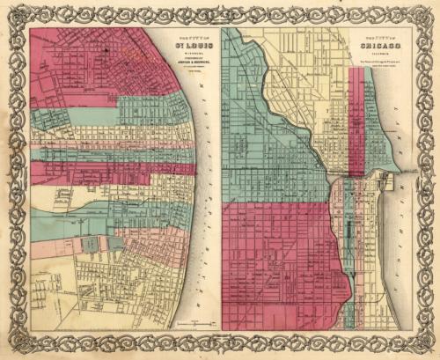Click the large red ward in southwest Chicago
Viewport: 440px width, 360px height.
273,264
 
